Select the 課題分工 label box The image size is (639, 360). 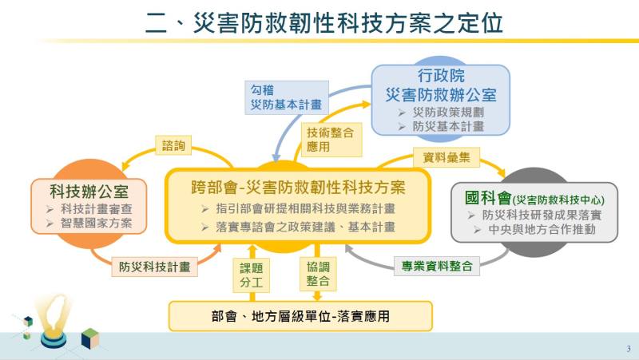(246, 275)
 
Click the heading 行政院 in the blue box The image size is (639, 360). (440, 77)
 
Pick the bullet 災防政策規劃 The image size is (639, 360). (447, 112)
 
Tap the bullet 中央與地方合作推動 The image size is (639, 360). (538, 230)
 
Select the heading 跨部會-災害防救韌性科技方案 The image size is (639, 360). (298, 188)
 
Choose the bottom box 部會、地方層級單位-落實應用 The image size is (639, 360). (300, 316)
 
